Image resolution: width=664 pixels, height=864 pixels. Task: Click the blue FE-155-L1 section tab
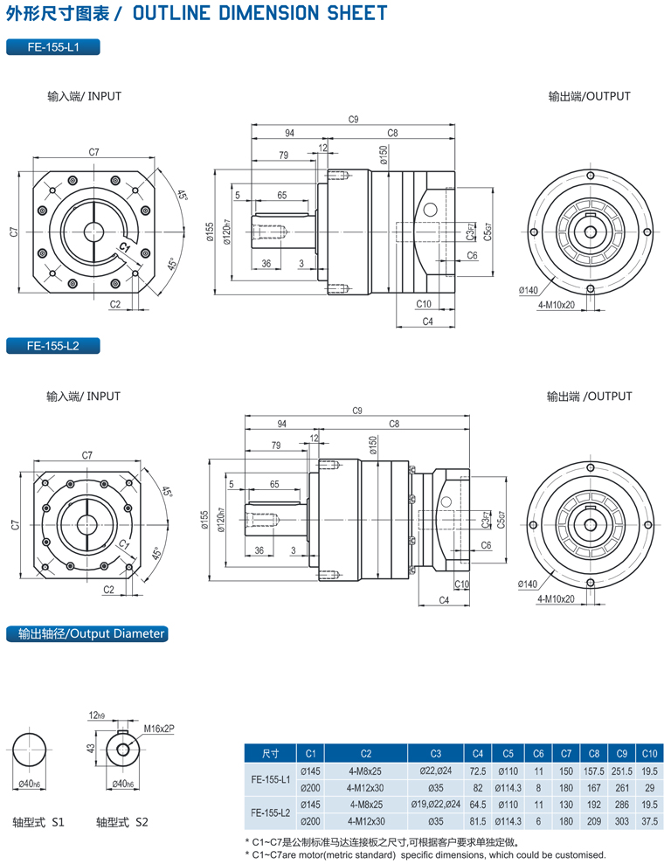coord(52,47)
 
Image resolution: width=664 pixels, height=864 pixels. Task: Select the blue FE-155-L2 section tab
coord(52,346)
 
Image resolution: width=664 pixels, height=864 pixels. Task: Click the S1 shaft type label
coord(38,822)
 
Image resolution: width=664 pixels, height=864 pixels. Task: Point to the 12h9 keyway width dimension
coord(99,715)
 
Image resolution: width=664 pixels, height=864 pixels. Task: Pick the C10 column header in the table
coord(649,753)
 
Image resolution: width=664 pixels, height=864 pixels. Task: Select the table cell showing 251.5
coord(622,771)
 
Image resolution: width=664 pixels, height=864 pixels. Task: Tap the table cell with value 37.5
coord(649,820)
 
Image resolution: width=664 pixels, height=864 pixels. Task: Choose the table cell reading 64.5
coord(478,804)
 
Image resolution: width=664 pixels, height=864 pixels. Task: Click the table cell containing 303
coord(622,820)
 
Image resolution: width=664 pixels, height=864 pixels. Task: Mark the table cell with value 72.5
coord(478,771)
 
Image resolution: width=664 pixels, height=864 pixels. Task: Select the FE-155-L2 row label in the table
coord(270,812)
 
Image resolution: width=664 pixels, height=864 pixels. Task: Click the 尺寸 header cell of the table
coord(270,753)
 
